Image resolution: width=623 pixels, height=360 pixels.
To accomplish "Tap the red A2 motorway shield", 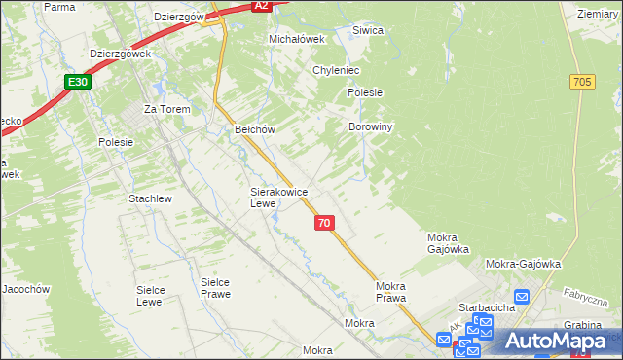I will click(260, 6).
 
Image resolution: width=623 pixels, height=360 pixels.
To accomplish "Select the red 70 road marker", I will click(325, 223).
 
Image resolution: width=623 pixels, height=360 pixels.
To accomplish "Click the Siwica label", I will click(368, 31).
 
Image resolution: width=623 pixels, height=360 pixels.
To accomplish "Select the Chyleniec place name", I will click(337, 71).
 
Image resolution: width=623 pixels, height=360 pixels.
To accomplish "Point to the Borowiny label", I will click(370, 127).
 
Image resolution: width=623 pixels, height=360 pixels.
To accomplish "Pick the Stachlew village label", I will click(150, 198).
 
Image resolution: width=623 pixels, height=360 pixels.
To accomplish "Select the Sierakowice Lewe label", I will click(277, 198).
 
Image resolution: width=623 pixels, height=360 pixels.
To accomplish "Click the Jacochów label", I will click(25, 290).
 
